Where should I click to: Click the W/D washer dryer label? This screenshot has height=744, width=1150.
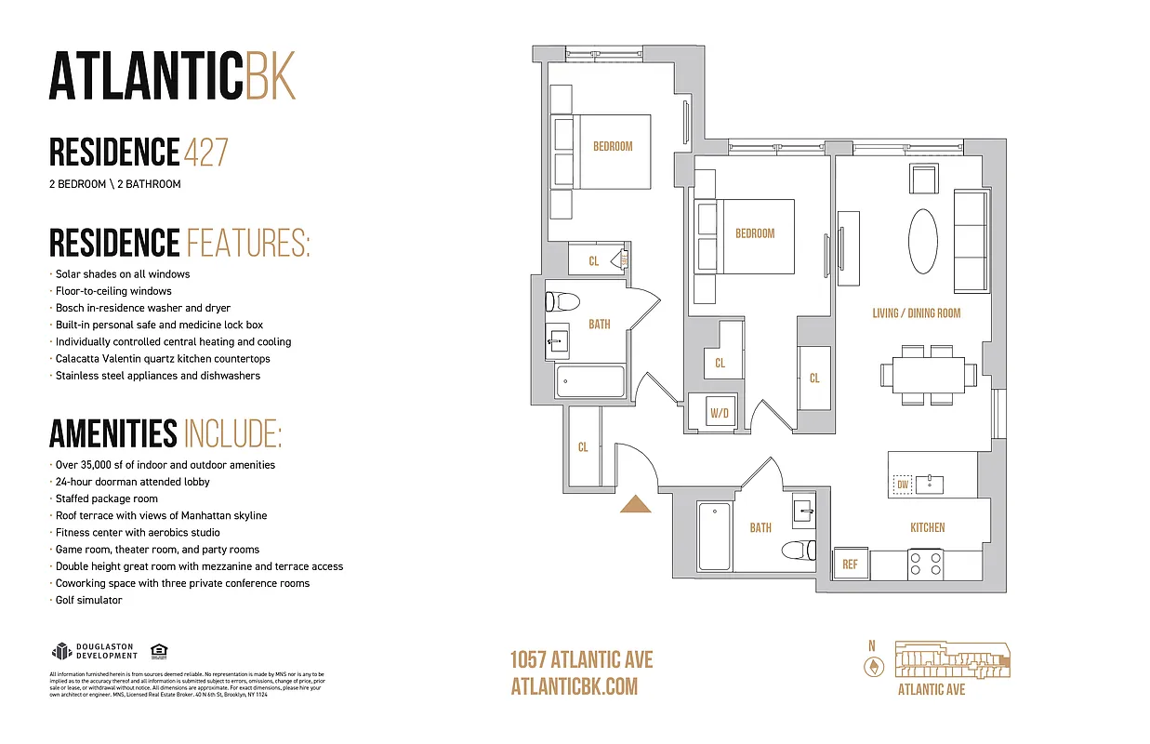(719, 413)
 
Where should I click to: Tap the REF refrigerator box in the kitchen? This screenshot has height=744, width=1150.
(850, 564)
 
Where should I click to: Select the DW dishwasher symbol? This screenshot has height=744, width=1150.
(901, 485)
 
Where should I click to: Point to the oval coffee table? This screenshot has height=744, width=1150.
(923, 241)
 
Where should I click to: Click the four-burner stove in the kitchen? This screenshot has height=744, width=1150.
(926, 565)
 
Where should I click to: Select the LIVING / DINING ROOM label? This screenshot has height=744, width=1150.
(916, 313)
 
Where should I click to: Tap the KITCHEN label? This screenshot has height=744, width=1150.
(927, 527)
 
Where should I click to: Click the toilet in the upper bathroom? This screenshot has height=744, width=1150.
(563, 301)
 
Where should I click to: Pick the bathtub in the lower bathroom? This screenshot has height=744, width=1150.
(715, 537)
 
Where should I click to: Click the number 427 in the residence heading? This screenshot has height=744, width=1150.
(205, 152)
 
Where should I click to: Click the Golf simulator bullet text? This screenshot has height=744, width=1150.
(88, 601)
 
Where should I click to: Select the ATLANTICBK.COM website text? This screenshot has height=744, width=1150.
(575, 686)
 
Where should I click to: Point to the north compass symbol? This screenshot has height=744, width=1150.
(872, 666)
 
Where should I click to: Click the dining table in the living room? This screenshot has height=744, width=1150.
(929, 374)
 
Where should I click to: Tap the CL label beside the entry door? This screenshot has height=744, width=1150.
(583, 447)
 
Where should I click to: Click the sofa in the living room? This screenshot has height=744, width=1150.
(972, 241)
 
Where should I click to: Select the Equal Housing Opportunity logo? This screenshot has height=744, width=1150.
(158, 651)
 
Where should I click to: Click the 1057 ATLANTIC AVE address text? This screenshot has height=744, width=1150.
(581, 660)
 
